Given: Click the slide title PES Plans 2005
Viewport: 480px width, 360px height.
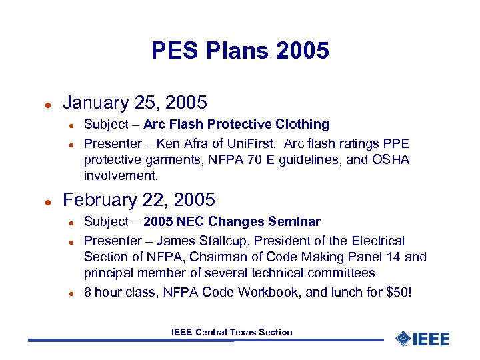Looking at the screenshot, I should (x=240, y=51).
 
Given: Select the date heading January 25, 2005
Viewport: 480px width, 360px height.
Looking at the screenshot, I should (x=135, y=103).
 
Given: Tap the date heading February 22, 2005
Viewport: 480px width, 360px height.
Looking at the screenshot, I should (x=139, y=200).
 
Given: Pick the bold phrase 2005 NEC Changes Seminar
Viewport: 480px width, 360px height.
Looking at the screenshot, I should (x=232, y=222).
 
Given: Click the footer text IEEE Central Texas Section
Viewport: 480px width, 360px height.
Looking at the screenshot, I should (x=231, y=332).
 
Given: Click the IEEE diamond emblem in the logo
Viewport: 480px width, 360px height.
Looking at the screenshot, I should (x=403, y=339).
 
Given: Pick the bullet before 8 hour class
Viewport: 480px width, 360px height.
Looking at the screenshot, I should (x=71, y=293).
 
